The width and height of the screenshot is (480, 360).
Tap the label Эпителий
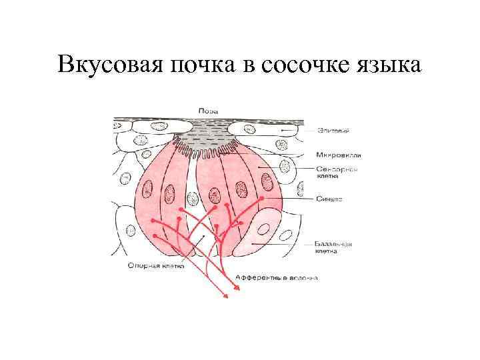[x=331, y=131]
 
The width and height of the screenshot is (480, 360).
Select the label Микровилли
[x=339, y=155]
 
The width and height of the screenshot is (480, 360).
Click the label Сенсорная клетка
[x=337, y=173]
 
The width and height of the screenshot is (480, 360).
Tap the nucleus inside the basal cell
[x=264, y=231]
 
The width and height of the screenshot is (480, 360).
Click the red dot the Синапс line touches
[x=263, y=198]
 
